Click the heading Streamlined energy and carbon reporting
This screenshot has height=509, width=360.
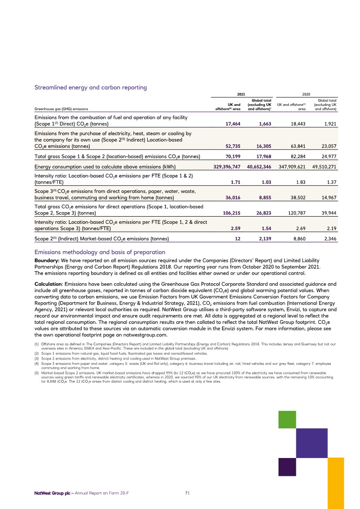point(90,87)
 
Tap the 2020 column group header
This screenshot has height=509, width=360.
point(306,93)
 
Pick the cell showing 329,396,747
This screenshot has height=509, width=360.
point(224,166)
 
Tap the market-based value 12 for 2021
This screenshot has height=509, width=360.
point(239,238)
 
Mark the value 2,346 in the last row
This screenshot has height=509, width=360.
point(331,238)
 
